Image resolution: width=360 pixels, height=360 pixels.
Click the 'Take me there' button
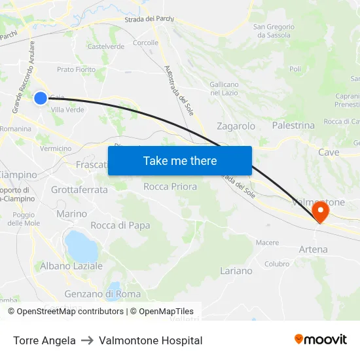[180, 161]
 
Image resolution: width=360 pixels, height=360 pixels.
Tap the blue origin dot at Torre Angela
[41, 98]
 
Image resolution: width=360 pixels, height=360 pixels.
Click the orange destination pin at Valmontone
[321, 211]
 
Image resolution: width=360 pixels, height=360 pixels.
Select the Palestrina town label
[293, 125]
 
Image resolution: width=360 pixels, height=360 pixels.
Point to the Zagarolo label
[236, 126]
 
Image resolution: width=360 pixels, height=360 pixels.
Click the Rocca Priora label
[170, 187]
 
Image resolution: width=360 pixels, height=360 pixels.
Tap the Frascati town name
[92, 165]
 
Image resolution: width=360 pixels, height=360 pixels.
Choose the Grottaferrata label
[79, 190]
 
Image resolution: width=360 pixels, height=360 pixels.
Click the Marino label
[71, 214]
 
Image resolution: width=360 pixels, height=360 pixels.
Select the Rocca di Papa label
[120, 225]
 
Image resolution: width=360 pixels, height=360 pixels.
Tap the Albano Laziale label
[71, 266]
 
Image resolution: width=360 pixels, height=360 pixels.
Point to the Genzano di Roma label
[102, 294]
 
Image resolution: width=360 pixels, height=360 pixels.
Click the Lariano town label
[236, 270]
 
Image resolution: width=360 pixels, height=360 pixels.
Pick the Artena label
[313, 249]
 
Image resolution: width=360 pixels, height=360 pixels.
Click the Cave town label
[329, 152]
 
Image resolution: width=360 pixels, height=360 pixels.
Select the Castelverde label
[106, 46]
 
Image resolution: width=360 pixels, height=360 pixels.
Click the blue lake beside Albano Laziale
[81, 245]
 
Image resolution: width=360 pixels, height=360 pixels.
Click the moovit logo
[321, 340]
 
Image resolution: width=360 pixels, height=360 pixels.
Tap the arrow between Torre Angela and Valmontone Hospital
[87, 340]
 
